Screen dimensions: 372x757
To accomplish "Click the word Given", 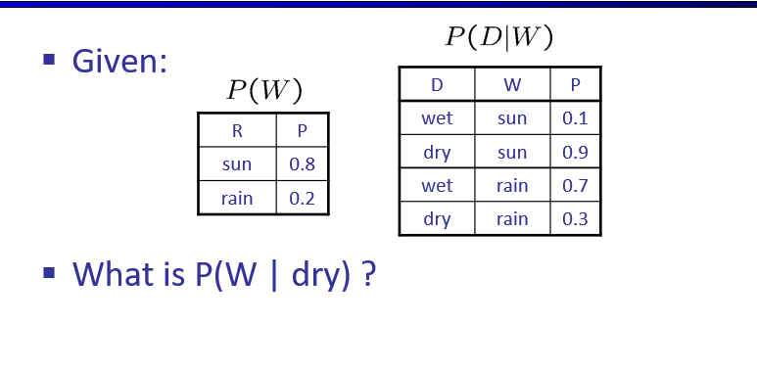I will coord(119,62).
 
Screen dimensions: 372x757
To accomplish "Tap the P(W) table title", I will coord(263,91).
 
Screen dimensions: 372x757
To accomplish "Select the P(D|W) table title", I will coord(499,37).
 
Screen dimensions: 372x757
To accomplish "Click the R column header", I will coord(237,131).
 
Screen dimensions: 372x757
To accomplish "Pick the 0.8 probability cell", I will coord(302,164).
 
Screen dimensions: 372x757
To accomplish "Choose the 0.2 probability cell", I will coord(302,198).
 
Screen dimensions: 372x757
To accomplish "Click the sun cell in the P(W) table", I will coord(237,164).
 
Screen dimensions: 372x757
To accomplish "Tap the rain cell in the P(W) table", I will coord(237,198).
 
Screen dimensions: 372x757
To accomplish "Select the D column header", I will coord(437,85).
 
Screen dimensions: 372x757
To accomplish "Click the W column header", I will coord(512,85).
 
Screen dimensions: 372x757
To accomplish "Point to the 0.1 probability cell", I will coord(575,118).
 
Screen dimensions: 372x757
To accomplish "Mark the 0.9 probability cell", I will coord(575,153).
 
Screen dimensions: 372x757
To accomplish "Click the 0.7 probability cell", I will coord(575,186).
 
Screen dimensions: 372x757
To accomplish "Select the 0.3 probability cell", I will coord(575,219).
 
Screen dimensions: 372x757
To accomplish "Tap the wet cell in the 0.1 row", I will coord(437,118).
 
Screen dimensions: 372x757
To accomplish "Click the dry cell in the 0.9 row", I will coord(437,153).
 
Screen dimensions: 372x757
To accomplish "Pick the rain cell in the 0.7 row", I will coord(512,186).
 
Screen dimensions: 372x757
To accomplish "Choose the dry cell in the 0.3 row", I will coord(437,219).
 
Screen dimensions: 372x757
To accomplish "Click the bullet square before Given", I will coord(48,61).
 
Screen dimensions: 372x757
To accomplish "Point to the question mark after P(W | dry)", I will coord(368,273).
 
